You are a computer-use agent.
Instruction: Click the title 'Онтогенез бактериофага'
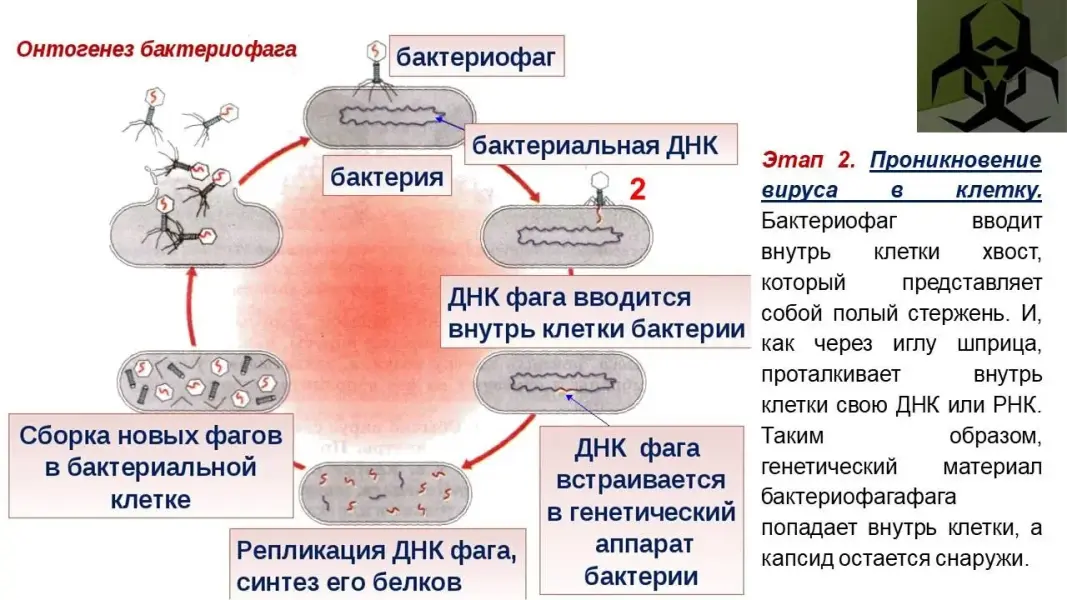point(156,50)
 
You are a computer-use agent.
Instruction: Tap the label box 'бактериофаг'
point(475,58)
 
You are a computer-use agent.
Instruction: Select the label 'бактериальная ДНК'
point(594,145)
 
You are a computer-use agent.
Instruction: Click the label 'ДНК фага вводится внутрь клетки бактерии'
point(596,313)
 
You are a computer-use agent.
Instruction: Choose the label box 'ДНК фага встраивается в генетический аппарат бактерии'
point(640,511)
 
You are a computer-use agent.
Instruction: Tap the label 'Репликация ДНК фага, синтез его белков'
point(378,565)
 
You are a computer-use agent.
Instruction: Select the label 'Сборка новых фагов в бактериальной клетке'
point(150,467)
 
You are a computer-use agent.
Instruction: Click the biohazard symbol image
point(990,66)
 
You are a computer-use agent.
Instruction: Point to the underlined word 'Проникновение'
point(955,160)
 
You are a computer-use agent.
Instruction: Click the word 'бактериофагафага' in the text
point(858,496)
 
